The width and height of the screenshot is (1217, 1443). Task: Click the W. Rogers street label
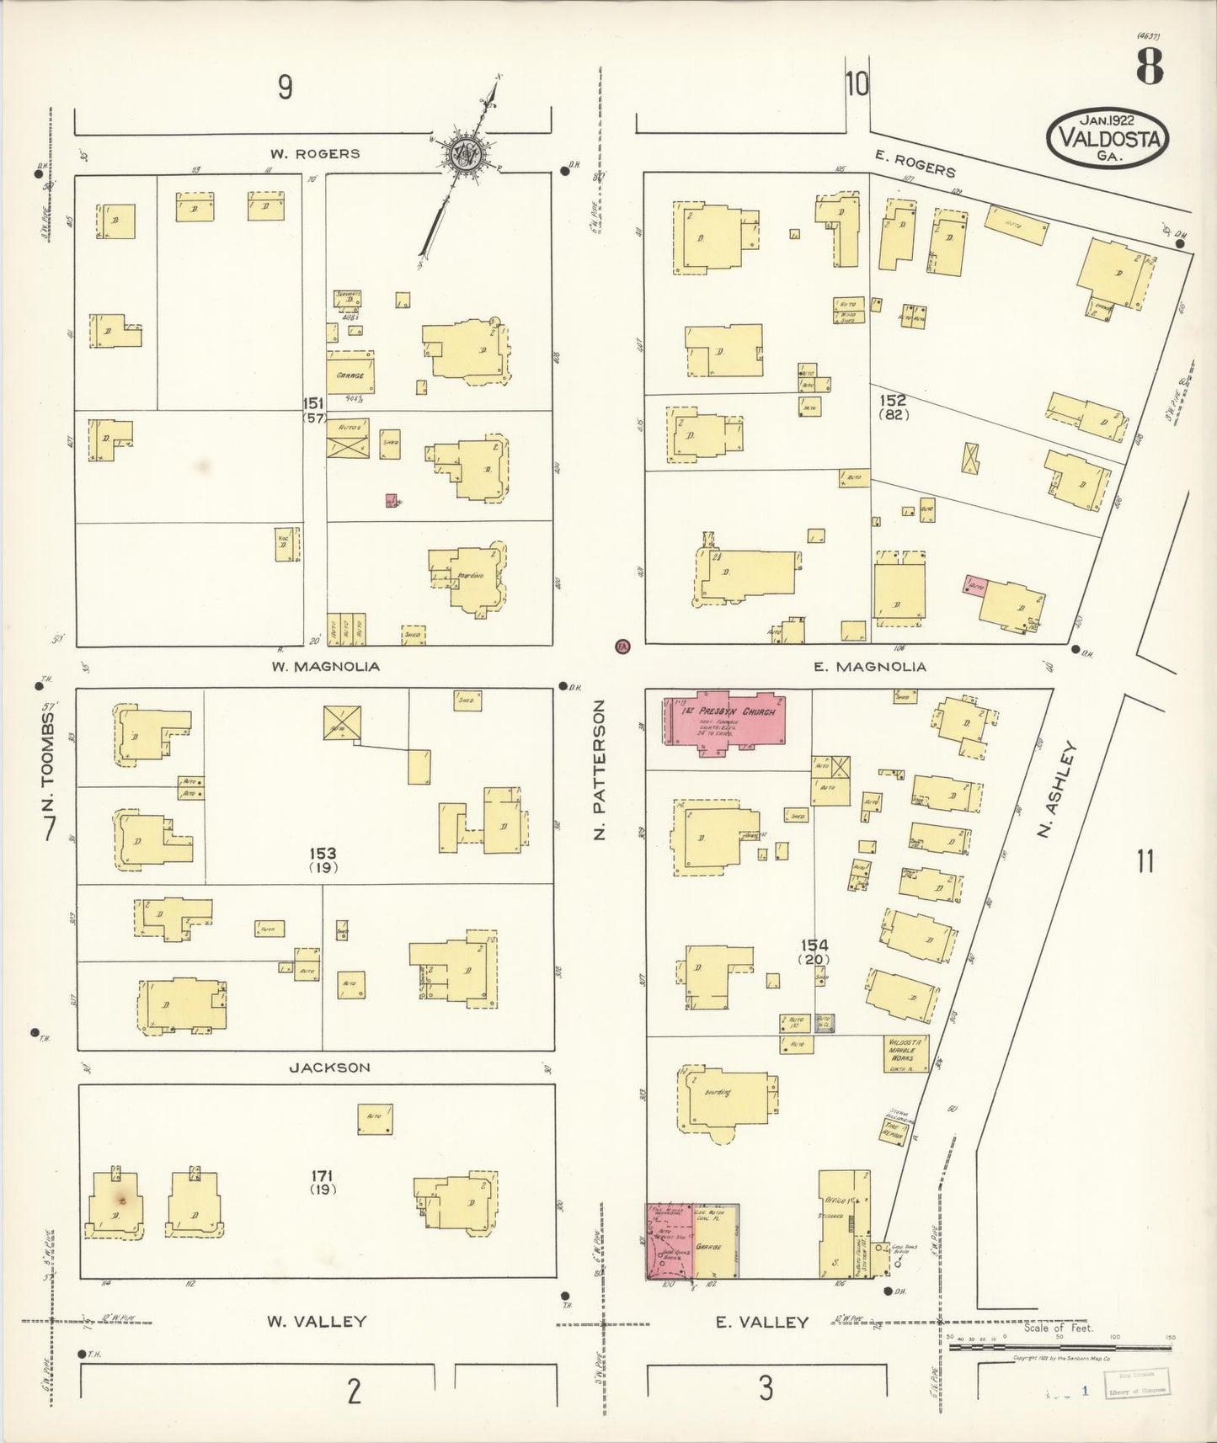pos(314,154)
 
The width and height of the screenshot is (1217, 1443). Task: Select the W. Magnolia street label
pos(325,666)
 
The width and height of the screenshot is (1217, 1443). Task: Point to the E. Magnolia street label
pos(870,666)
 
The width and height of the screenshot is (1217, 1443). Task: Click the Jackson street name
pos(329,1068)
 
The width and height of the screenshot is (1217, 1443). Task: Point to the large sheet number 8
pos(1150,67)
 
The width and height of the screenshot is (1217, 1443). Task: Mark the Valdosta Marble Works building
pos(906,1053)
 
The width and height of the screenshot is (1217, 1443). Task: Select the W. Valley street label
pos(317,1322)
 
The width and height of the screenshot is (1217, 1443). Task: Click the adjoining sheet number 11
pos(1145,862)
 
